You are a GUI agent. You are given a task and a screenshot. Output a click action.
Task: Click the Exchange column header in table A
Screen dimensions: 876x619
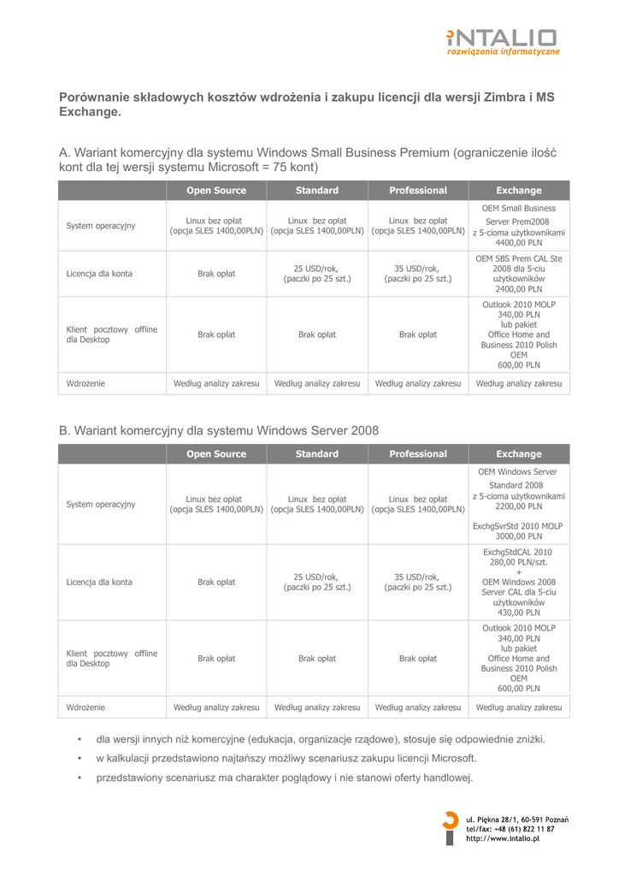(519, 191)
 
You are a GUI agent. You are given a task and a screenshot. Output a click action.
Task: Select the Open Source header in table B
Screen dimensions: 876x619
(216, 454)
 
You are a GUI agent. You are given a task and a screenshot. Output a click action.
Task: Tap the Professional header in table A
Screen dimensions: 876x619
(418, 191)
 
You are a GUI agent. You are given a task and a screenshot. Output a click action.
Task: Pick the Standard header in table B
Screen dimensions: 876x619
(317, 454)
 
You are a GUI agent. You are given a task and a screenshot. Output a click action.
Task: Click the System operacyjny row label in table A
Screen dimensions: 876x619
(101, 226)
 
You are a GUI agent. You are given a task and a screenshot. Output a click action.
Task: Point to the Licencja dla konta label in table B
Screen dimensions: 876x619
(99, 583)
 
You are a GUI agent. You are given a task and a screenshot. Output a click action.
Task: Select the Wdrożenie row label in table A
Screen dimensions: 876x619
(86, 384)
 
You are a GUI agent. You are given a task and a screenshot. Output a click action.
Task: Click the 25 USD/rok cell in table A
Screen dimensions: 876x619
(317, 273)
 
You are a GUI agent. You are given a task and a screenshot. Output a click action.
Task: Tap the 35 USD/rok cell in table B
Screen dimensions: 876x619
(418, 582)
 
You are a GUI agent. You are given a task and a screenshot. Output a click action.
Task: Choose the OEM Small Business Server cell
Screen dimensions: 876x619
(519, 225)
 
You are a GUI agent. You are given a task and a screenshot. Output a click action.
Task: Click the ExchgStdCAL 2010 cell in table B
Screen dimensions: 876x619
(519, 582)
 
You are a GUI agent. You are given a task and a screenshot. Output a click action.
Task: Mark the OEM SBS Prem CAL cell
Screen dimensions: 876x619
(519, 273)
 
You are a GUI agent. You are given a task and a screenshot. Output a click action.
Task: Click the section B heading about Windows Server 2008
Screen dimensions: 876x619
(219, 430)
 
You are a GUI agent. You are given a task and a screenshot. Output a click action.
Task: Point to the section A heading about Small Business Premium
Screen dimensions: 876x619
(308, 159)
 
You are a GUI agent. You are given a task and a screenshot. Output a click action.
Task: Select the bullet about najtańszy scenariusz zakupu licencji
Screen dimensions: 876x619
(286, 759)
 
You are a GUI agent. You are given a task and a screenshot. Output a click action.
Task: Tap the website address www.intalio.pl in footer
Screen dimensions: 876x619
(503, 839)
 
